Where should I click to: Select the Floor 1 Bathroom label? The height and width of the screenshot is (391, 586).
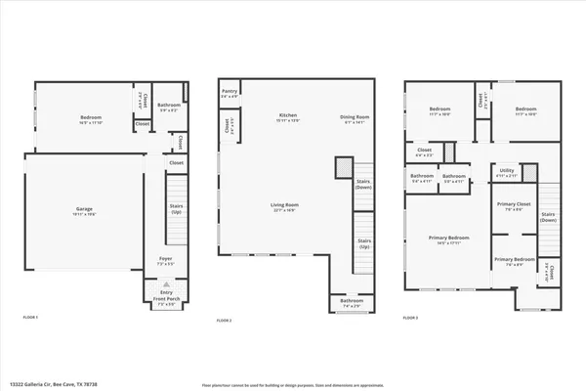tap(168, 107)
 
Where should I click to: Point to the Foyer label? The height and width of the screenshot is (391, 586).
tap(166, 261)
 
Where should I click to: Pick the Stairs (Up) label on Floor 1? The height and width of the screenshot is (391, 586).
tap(177, 209)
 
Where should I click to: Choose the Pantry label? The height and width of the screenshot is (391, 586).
tap(230, 96)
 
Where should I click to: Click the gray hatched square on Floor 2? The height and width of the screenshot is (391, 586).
tap(345, 168)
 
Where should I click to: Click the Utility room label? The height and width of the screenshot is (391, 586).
tap(505, 172)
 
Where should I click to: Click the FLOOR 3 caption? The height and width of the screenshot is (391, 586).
tap(414, 319)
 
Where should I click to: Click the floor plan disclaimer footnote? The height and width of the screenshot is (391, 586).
tap(292, 384)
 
